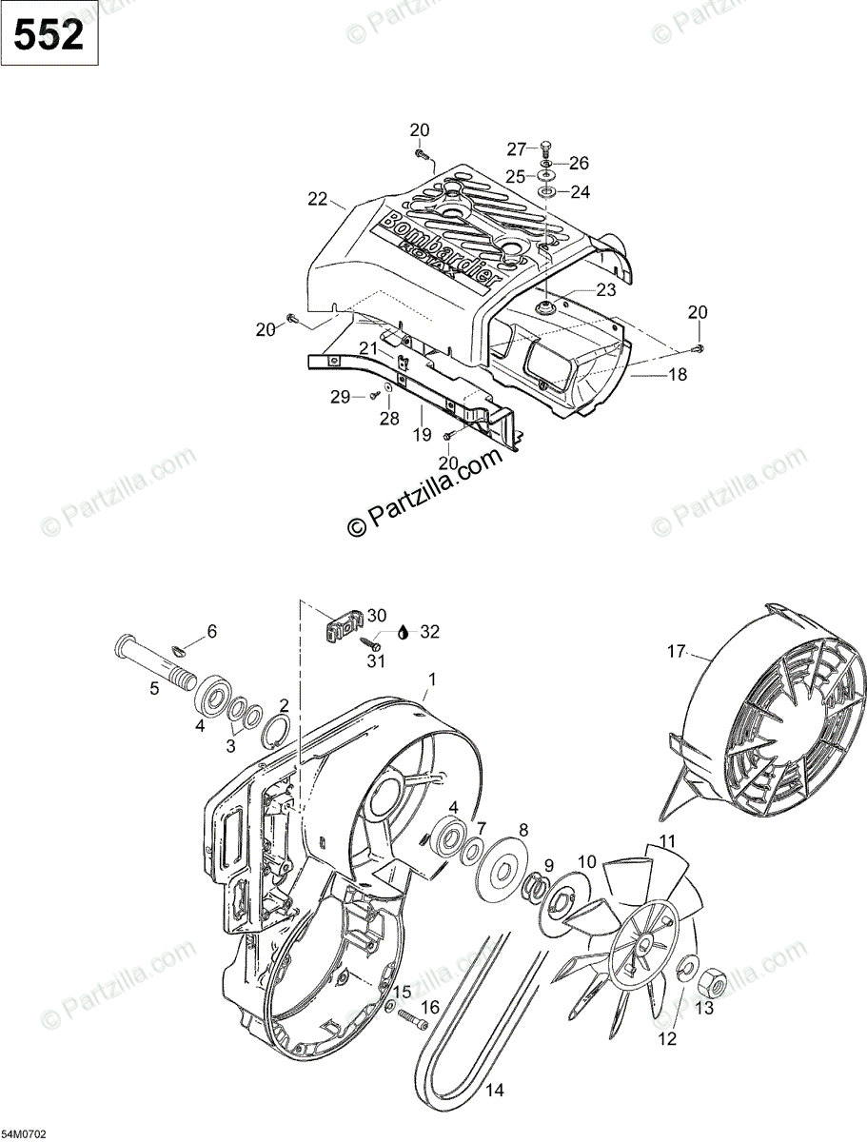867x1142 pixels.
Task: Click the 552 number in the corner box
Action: pyautogui.click(x=49, y=35)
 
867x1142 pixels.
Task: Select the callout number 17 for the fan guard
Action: pyautogui.click(x=677, y=652)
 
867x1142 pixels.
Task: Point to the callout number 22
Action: pyautogui.click(x=317, y=199)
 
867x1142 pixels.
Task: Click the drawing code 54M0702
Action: pyautogui.click(x=24, y=1135)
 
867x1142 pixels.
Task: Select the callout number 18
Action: pyautogui.click(x=677, y=375)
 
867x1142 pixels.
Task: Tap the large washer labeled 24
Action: pyautogui.click(x=549, y=192)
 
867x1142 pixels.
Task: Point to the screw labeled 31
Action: pyautogui.click(x=370, y=644)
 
